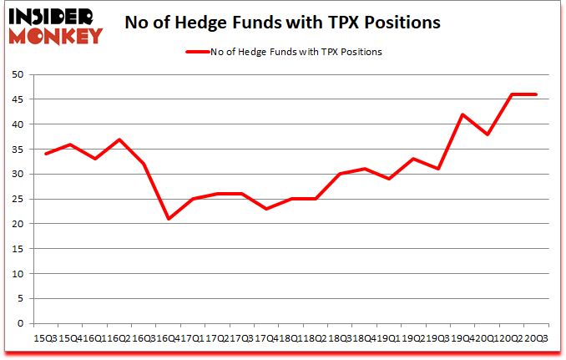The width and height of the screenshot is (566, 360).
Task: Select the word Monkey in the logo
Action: coord(55,35)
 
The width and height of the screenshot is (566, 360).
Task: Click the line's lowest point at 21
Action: coord(169,219)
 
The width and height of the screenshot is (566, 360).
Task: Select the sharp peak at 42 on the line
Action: coord(462,114)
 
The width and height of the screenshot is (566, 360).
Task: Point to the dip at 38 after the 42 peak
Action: coord(487,134)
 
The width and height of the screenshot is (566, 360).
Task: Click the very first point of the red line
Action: coord(46,154)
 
